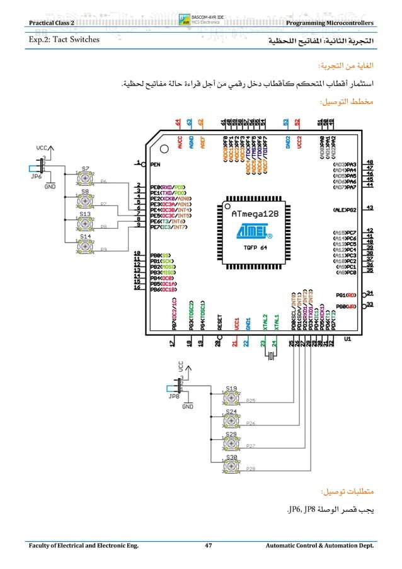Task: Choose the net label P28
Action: point(250,469)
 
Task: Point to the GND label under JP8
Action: point(187,407)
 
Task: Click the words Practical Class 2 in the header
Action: point(48,23)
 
